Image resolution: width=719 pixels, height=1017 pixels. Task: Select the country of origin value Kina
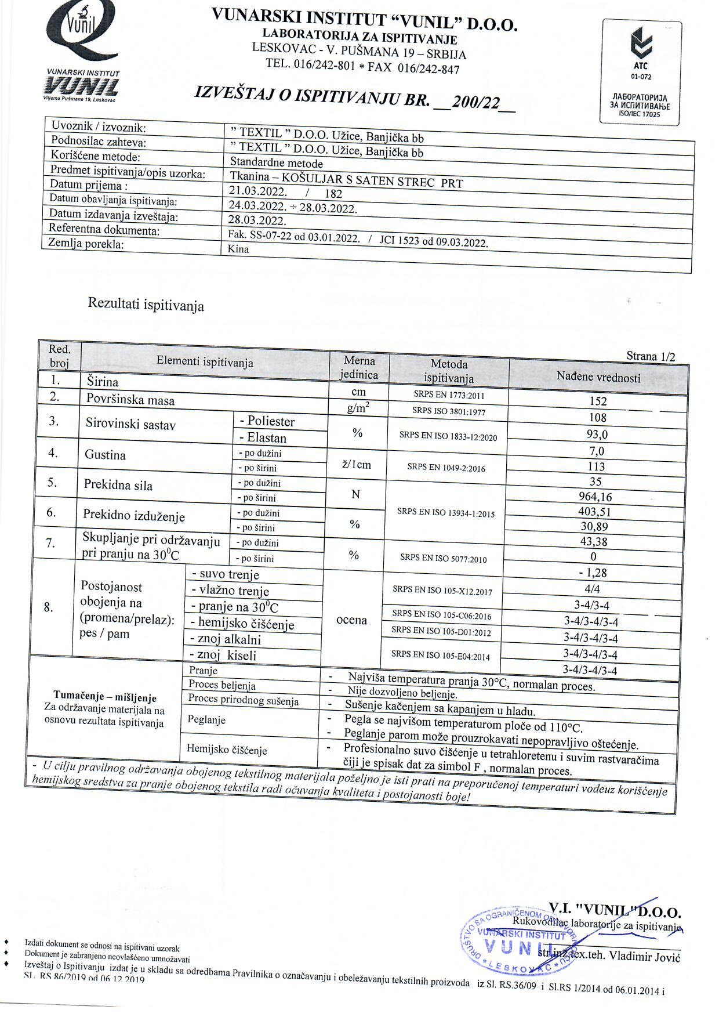coord(239,249)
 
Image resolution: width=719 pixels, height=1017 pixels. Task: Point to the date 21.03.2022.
coord(257,191)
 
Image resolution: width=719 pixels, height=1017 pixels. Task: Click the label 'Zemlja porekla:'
coord(86,244)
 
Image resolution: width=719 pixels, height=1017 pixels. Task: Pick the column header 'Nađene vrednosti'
coord(598,378)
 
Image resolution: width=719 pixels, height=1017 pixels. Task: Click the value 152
coord(598,401)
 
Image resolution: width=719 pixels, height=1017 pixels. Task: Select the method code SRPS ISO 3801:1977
coord(449,411)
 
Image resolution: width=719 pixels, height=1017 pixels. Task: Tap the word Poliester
coord(271,421)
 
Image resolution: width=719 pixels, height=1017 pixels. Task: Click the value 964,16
coord(595,497)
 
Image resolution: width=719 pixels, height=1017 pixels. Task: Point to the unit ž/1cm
coord(357,465)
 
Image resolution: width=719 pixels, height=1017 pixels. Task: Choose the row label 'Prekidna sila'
coord(118,485)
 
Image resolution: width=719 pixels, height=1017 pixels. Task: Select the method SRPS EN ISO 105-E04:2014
coord(441,656)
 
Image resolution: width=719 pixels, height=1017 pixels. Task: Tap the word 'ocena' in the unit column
coord(351,620)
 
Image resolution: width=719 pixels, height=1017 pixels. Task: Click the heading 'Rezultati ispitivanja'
coord(146,305)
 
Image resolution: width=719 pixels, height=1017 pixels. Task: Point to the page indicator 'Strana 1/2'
coord(651,356)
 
